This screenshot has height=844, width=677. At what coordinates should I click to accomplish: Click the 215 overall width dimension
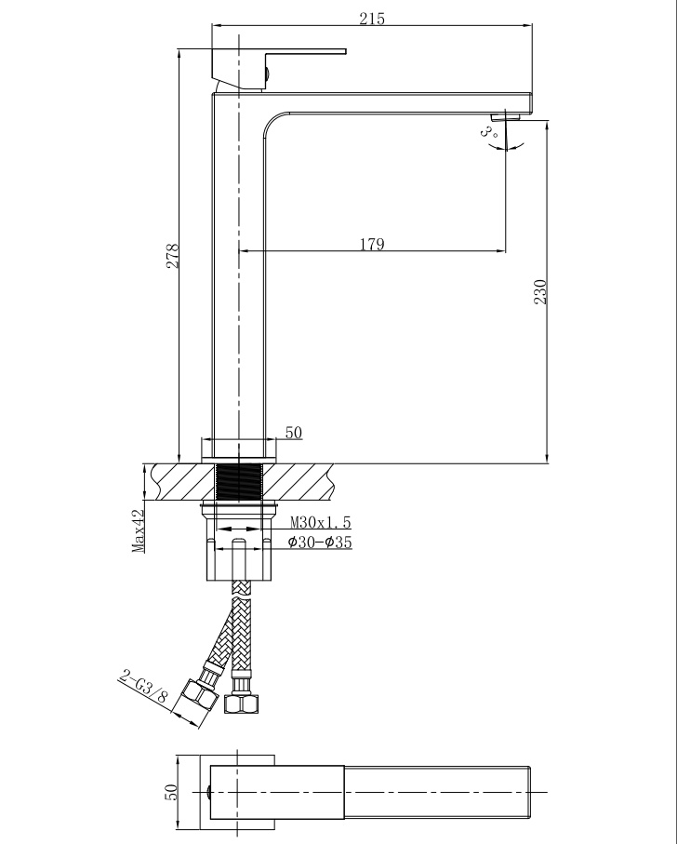pos(372,19)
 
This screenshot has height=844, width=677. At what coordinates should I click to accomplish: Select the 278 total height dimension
pos(172,256)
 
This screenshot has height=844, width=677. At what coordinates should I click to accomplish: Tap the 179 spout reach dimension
pos(372,244)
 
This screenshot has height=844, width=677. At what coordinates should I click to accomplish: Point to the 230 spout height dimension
pos(540,292)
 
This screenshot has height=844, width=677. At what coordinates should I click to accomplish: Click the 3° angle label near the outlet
pos(488,131)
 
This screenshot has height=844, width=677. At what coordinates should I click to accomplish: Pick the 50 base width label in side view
pos(294,432)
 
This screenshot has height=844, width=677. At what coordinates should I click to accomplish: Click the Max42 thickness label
pos(139,530)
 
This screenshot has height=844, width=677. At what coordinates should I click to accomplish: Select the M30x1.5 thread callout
pos(321,522)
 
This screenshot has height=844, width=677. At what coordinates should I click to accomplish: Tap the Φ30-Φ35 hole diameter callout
pos(320,542)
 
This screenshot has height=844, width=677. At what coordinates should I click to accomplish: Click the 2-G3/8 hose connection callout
pos(144,688)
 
